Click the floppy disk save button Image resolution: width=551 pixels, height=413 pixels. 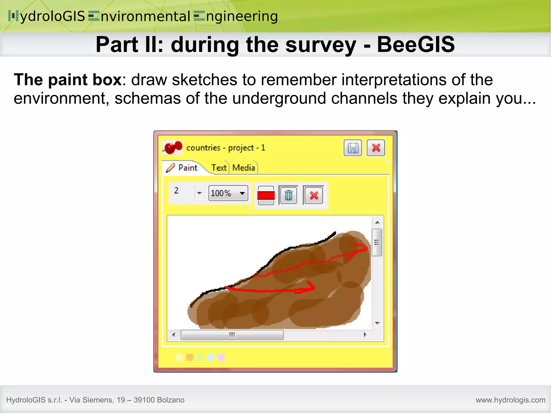coord(353,148)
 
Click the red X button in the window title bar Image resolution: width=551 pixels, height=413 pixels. coord(376,148)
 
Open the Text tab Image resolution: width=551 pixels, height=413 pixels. coord(219,168)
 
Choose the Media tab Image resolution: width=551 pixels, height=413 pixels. coord(243,168)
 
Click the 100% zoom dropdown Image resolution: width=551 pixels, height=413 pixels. coord(228,193)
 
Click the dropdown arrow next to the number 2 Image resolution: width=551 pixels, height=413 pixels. coord(199,193)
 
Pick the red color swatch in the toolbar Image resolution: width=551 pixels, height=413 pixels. coord(266,195)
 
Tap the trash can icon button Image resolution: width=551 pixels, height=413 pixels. coord(288,195)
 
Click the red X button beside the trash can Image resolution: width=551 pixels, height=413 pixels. coord(314,195)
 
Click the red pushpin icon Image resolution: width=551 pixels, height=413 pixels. coord(173,148)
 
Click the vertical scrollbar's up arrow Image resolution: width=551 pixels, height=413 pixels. coord(377,223)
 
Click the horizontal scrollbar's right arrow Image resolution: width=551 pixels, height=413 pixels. coord(365,335)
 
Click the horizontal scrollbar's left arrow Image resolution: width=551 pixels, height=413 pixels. coord(174,335)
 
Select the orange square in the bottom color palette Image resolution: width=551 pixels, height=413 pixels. coord(190,357)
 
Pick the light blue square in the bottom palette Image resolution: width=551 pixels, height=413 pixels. coord(211,357)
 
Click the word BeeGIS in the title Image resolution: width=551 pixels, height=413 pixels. coord(416,44)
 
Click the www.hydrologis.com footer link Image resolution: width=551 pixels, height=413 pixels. coord(510,400)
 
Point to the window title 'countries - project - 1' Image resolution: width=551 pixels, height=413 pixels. coord(225,148)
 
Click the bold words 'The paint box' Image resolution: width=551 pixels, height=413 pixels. coord(68,80)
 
